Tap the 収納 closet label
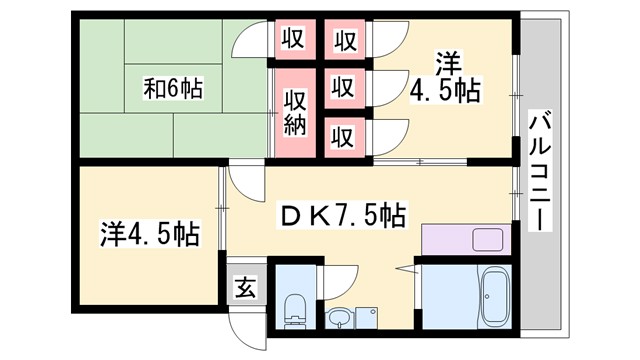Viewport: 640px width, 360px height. click(294, 113)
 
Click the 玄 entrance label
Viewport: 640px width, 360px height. click(244, 287)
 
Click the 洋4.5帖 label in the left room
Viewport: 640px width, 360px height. click(149, 235)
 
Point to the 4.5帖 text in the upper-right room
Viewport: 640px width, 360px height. click(446, 92)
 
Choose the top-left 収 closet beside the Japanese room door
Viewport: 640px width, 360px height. click(292, 41)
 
